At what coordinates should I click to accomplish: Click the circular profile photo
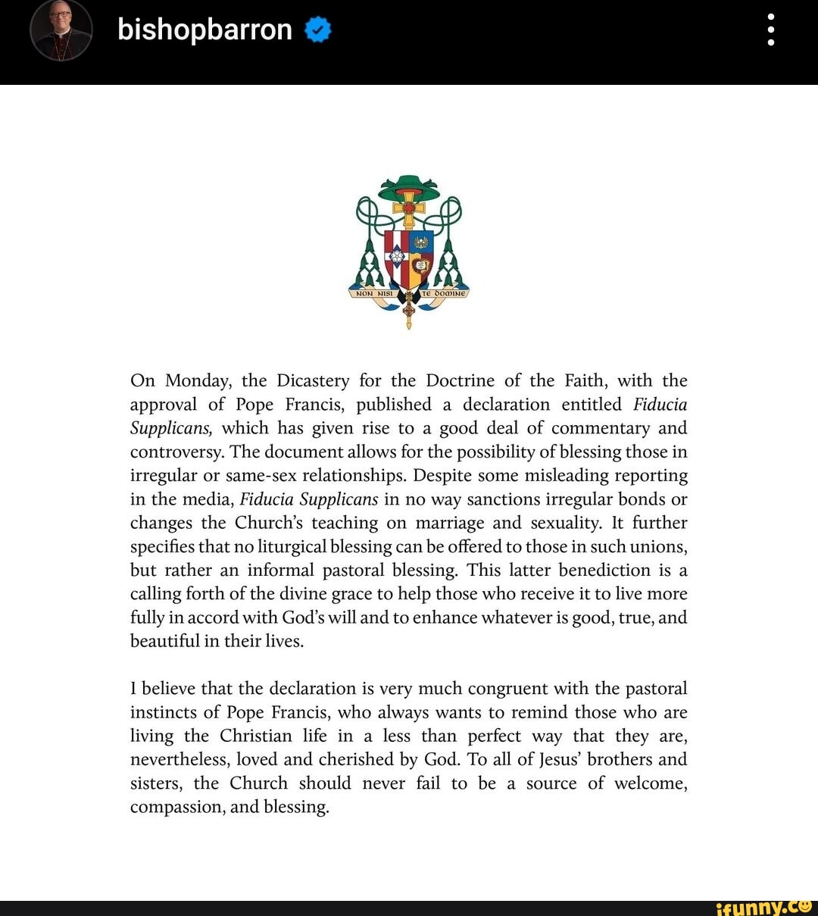pos(61,30)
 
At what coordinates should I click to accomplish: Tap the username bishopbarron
pos(204,30)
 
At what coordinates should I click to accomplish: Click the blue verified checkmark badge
pos(318,30)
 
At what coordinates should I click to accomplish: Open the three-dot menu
pos(771,30)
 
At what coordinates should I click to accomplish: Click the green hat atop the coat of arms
pos(409,186)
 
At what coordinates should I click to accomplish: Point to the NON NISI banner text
pos(371,293)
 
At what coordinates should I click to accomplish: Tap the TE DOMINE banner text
pos(445,293)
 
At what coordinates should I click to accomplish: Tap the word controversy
pos(176,452)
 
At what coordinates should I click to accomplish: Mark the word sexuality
pos(560,524)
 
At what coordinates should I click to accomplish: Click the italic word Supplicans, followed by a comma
pos(170,429)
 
